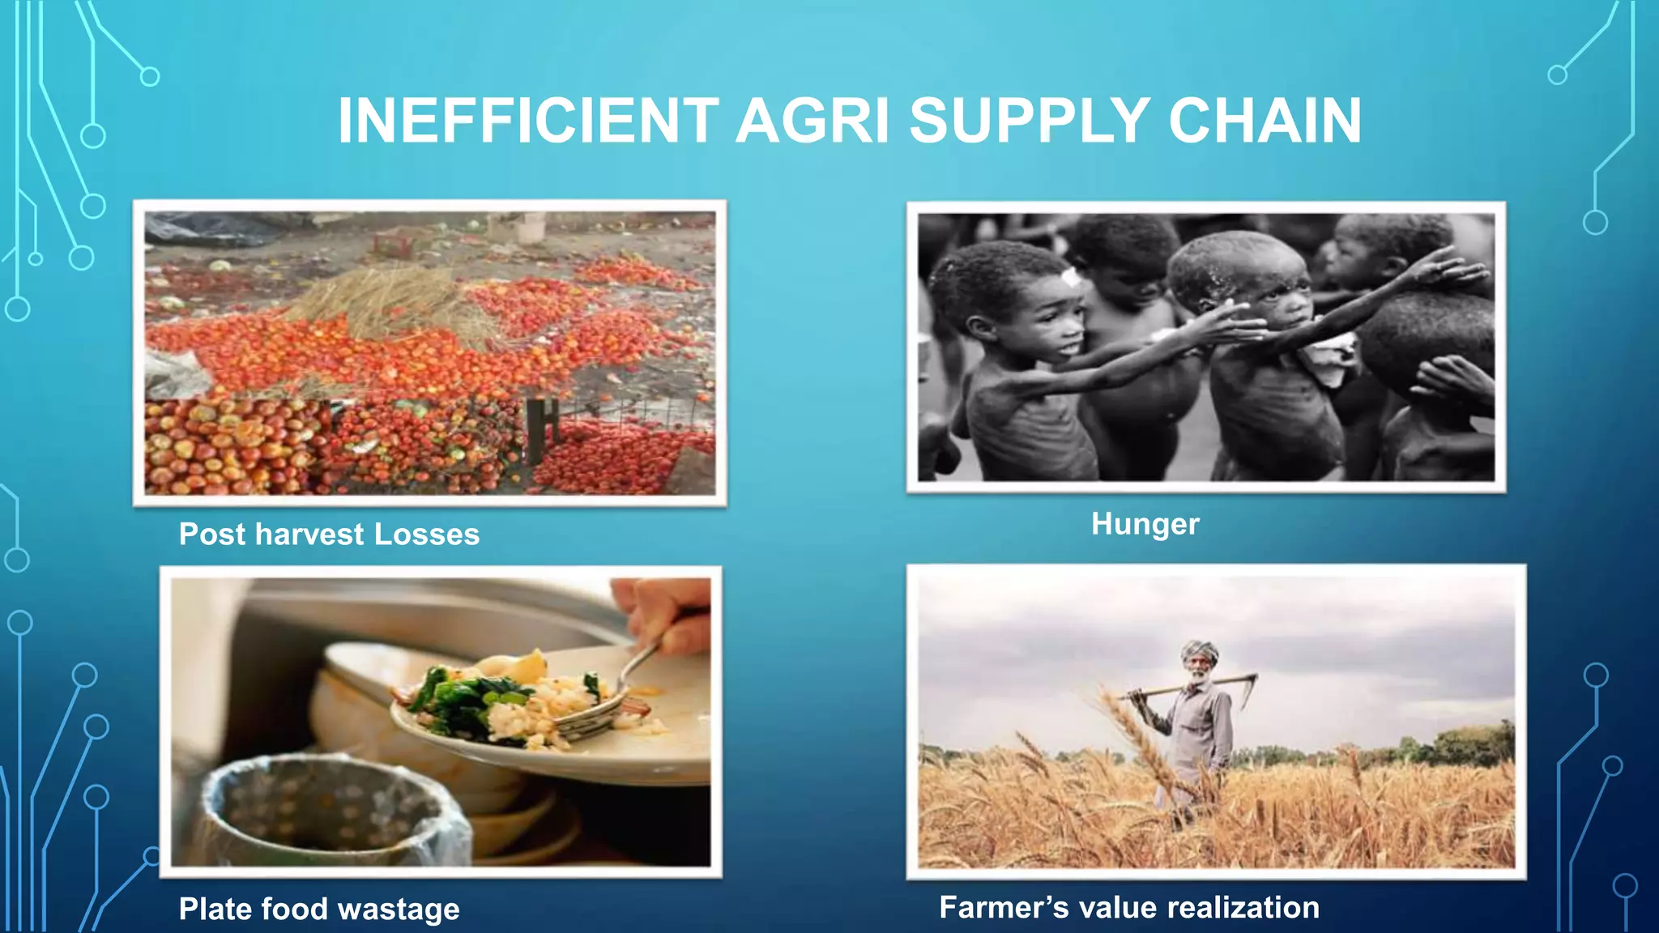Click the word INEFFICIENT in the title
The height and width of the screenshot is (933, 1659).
(527, 121)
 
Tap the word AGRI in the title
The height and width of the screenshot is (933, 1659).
(812, 121)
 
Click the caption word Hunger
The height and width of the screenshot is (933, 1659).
(1145, 524)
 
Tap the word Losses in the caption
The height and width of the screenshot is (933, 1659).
(427, 535)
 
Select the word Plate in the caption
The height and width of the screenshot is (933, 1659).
(214, 909)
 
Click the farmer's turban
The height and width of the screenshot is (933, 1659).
(1200, 650)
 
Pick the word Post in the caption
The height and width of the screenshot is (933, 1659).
(212, 535)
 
